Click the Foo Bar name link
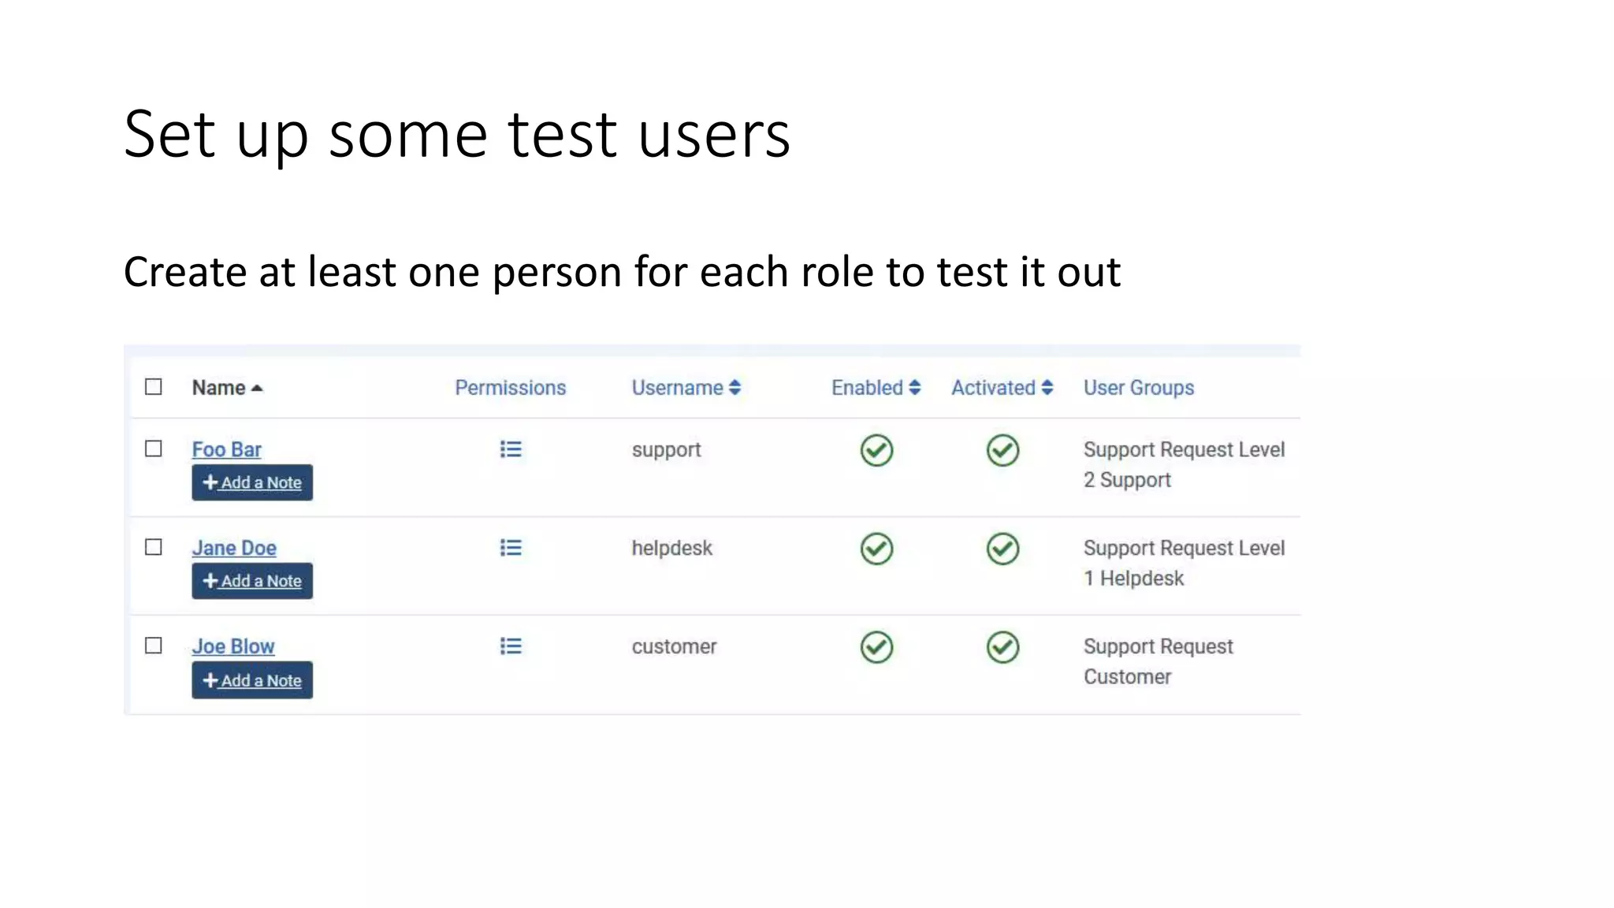[x=226, y=449]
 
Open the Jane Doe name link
[x=234, y=548]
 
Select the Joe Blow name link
[x=233, y=646]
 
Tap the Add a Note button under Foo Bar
[x=252, y=482]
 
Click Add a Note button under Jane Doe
[x=252, y=581]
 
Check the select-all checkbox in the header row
[x=154, y=387]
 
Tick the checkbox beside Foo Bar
[x=154, y=448]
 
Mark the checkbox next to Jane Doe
[x=154, y=547]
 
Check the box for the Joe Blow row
[x=154, y=646]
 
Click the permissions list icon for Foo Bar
[x=511, y=449]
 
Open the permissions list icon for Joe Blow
[x=511, y=646]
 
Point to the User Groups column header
[x=1139, y=388]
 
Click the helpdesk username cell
[x=671, y=548]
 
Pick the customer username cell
[x=674, y=646]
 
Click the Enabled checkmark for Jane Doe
[x=876, y=549]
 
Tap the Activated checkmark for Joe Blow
[x=1002, y=647]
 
